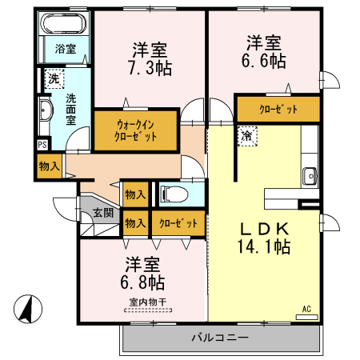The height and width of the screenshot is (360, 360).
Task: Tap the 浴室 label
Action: [x=66, y=49]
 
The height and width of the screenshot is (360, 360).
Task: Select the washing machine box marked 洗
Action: [x=53, y=78]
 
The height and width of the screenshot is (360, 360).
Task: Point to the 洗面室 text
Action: [x=70, y=109]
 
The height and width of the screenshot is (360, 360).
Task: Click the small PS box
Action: [x=42, y=145]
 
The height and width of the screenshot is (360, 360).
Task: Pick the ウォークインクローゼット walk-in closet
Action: [x=135, y=130]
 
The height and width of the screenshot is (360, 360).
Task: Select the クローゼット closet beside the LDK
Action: [x=278, y=109]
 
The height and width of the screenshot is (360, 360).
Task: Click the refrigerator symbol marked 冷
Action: [x=247, y=136]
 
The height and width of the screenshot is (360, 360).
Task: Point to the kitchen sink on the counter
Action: [x=310, y=174]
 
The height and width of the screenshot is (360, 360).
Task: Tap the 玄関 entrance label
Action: [x=102, y=213]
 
